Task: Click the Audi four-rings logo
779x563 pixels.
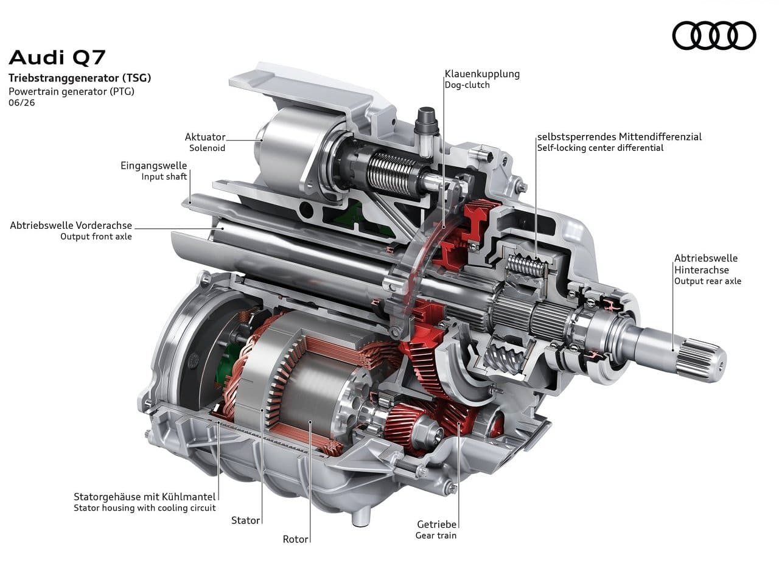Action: point(714,35)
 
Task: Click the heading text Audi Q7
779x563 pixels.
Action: point(57,58)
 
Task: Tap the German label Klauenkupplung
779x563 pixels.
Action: point(482,74)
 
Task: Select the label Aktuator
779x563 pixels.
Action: point(205,137)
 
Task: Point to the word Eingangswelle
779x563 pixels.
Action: point(154,166)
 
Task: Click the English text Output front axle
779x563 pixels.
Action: point(96,237)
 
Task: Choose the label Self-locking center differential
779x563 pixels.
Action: point(600,148)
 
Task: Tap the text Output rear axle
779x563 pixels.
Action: point(708,281)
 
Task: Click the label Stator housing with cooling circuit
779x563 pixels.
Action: point(145,508)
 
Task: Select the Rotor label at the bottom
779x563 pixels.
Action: point(295,539)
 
